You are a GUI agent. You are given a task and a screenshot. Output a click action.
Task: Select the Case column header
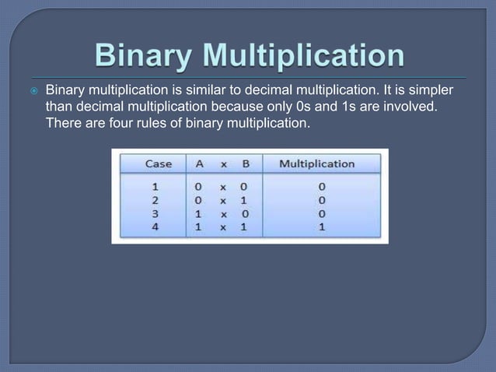click(159, 163)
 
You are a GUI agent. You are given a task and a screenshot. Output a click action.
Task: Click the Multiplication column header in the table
click(316, 163)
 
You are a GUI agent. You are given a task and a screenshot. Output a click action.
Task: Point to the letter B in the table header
click(245, 163)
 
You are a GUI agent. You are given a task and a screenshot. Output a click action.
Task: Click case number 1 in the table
click(154, 187)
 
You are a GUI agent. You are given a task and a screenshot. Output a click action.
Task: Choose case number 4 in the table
click(154, 227)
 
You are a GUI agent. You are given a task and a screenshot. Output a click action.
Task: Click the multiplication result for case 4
click(321, 227)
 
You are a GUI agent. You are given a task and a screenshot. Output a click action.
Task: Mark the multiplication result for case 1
click(321, 187)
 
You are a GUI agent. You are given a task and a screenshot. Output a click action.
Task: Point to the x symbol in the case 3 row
click(222, 213)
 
